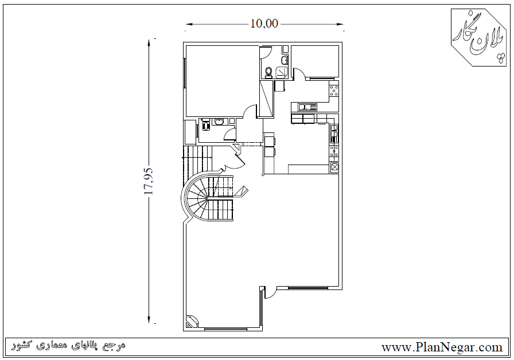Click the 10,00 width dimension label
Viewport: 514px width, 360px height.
264,24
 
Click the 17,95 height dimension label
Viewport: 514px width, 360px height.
149,181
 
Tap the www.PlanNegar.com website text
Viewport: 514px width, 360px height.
442,347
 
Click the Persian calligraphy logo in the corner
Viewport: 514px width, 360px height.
478,37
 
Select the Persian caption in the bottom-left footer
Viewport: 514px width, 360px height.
69,345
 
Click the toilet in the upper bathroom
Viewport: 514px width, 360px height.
269,72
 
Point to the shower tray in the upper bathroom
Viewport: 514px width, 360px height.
281,72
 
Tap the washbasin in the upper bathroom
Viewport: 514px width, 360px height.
285,60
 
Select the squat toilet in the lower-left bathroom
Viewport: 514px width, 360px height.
205,125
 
